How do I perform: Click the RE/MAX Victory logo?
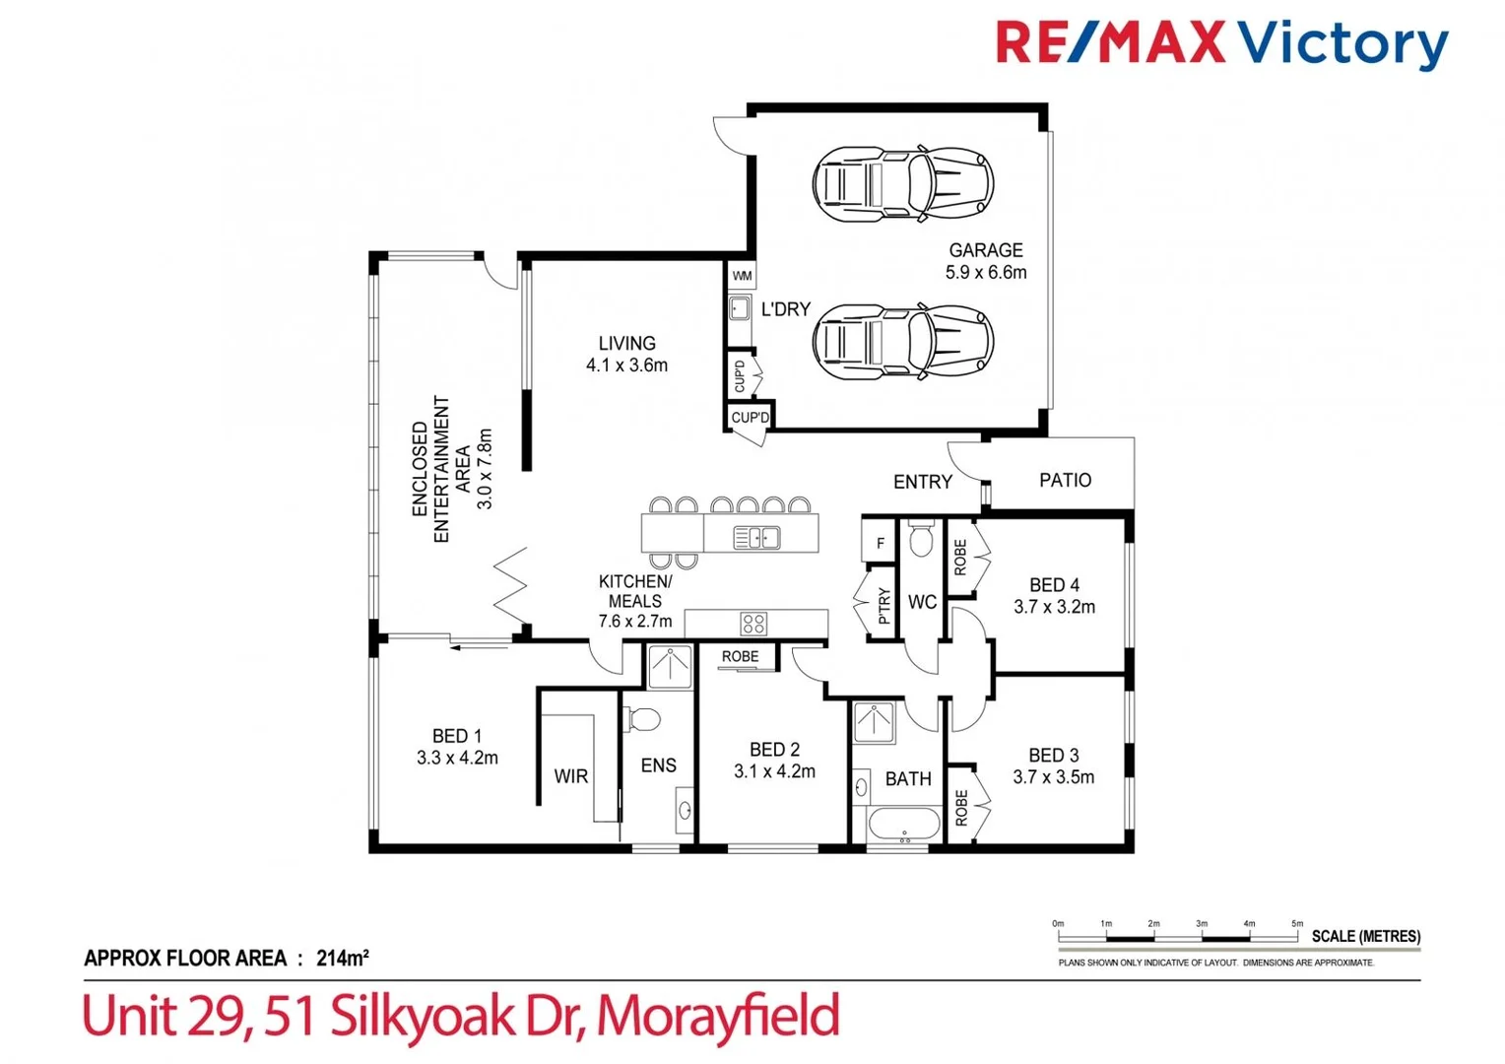pos(1221,44)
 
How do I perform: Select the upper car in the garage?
pos(902,183)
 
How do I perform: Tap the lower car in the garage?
pos(902,342)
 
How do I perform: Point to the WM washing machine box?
pos(742,276)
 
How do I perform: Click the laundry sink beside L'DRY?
pos(740,309)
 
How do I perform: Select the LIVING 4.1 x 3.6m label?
pos(626,354)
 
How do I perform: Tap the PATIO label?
pos(1065,480)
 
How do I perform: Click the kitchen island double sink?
pos(756,538)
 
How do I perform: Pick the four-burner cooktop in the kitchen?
pos(753,624)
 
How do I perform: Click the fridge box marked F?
pos(880,543)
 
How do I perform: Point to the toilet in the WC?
pos(922,539)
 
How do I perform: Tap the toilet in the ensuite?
pos(643,719)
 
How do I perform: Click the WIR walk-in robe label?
pos(570,776)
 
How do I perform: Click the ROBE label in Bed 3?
pos(961,808)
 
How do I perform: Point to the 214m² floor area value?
pos(342,958)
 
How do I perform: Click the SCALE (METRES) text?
pos(1365,936)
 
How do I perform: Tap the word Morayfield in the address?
pos(717,1016)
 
